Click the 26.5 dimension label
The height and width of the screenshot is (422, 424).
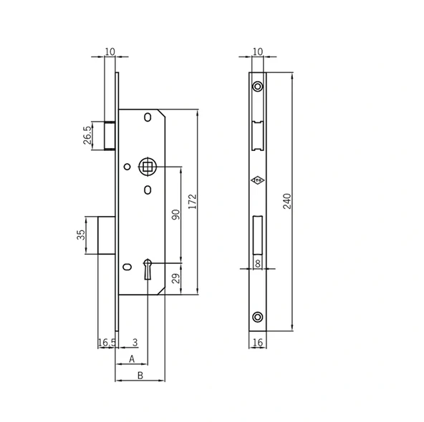87,135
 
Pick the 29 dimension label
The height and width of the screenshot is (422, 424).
175,278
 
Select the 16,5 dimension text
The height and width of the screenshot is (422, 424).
106,343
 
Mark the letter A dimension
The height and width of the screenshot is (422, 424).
131,358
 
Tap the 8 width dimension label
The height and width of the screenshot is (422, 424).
257,264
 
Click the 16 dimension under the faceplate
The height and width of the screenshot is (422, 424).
257,343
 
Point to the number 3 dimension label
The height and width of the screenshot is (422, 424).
135,343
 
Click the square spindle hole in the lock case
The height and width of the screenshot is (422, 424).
147,167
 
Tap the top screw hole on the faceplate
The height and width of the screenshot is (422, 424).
257,87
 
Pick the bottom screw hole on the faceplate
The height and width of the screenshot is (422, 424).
257,317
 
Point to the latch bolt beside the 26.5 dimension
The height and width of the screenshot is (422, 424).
110,135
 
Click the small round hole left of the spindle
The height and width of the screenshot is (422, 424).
127,167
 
